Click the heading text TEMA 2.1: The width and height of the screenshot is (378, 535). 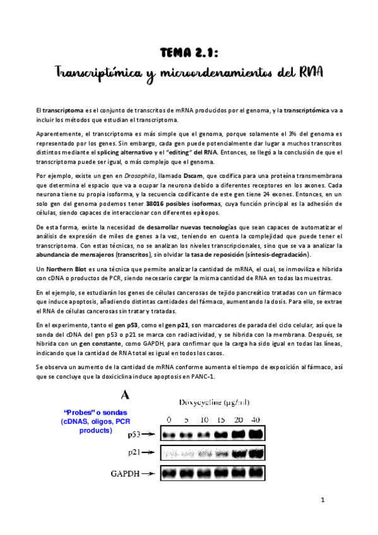(x=189, y=52)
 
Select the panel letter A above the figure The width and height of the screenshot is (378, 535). (x=125, y=395)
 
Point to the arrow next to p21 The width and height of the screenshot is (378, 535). (x=151, y=452)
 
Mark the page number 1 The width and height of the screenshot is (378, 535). (x=322, y=500)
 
